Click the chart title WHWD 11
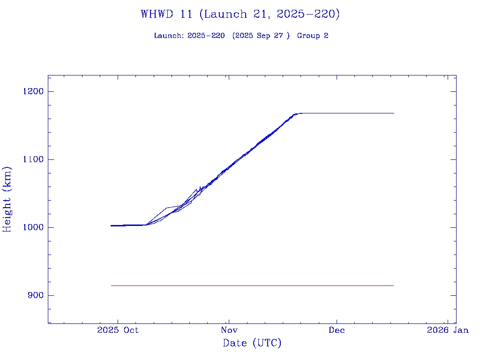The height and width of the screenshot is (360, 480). click(166, 14)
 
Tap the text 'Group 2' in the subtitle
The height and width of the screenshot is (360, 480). click(313, 36)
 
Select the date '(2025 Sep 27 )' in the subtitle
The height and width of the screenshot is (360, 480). click(261, 36)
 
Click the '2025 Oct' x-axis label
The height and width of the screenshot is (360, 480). click(118, 330)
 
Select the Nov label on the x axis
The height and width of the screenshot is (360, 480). click(228, 330)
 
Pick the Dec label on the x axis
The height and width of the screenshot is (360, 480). click(337, 330)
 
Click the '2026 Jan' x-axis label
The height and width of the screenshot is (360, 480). click(447, 330)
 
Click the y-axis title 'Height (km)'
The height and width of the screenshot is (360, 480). click(7, 199)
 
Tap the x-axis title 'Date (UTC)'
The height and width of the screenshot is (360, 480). click(252, 344)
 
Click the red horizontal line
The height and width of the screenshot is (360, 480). click(252, 285)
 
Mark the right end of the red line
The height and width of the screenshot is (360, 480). click(393, 285)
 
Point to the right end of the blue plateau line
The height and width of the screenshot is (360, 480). click(394, 113)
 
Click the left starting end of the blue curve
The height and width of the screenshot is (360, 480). click(111, 225)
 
